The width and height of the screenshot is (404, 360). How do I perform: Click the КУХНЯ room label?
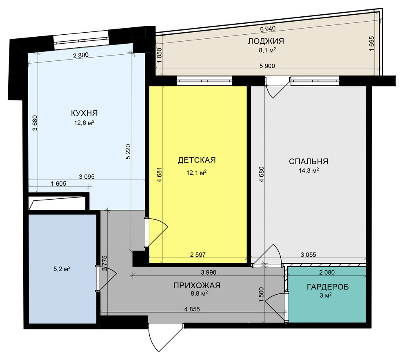(84, 113)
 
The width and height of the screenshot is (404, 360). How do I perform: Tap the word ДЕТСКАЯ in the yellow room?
(197, 160)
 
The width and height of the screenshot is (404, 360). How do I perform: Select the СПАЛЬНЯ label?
(309, 161)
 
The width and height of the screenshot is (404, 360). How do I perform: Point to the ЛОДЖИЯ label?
(266, 41)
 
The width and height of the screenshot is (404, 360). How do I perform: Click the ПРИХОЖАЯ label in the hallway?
(197, 285)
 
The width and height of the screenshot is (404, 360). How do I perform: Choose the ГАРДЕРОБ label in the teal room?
(328, 287)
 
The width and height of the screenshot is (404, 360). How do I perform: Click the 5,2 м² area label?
(62, 269)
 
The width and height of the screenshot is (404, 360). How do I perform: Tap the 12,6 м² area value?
(84, 123)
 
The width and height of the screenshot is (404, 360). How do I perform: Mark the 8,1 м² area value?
(267, 50)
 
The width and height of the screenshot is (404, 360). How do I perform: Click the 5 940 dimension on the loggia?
(268, 29)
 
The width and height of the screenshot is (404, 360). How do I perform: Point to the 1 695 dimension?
(371, 44)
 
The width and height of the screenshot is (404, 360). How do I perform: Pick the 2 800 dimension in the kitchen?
(81, 55)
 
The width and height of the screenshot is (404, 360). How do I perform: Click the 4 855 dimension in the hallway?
(192, 309)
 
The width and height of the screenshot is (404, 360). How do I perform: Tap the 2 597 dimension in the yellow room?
(198, 255)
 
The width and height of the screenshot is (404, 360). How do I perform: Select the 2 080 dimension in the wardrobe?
(327, 272)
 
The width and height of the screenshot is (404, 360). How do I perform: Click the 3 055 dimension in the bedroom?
(308, 255)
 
